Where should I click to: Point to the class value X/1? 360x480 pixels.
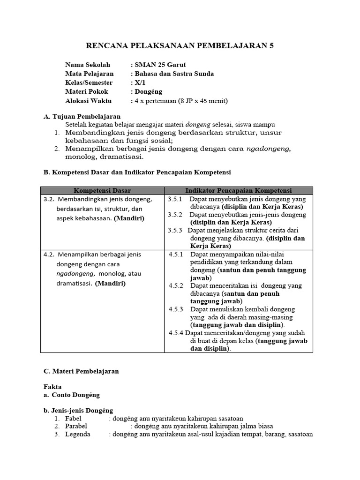(x=141, y=82)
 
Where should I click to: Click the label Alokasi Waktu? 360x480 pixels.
(x=88, y=101)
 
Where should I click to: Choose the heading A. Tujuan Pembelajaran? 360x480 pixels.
(x=82, y=116)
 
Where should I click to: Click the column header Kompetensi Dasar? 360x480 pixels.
(x=102, y=190)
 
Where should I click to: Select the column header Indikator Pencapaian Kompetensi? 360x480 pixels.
(x=238, y=190)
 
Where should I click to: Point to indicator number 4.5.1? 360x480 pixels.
(x=176, y=254)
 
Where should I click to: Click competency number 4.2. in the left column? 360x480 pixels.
(x=49, y=254)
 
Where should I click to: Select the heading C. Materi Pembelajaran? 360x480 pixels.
(x=81, y=371)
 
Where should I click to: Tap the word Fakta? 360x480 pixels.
(x=52, y=387)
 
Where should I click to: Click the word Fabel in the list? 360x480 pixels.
(x=74, y=418)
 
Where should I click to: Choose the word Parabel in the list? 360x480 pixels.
(x=76, y=426)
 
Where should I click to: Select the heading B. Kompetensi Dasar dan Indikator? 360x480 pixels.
(x=137, y=172)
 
